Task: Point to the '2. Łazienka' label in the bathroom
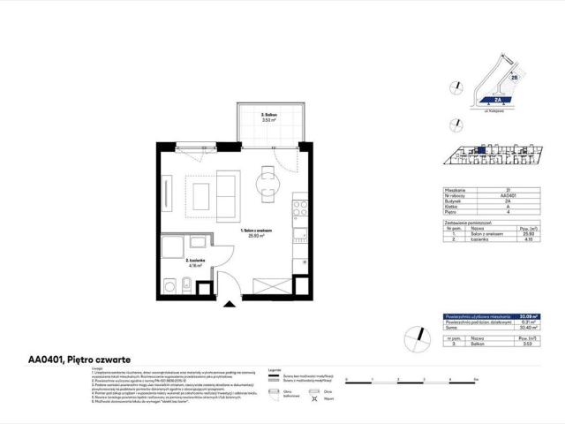197,261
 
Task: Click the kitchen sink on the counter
300,235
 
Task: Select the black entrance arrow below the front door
230,303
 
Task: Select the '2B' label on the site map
513,77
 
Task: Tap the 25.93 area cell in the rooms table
528,232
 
